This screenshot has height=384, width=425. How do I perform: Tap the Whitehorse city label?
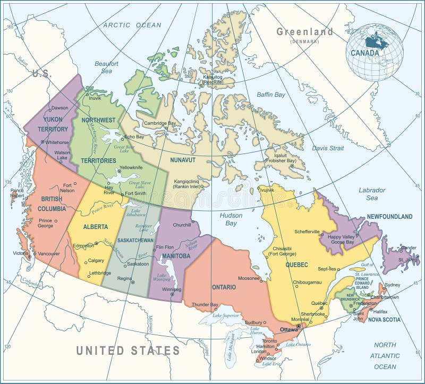click(57, 142)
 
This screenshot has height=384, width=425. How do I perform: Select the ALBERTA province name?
click(96, 227)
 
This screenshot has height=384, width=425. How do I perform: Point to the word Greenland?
click(304, 32)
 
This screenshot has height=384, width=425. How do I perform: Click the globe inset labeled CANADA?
click(374, 52)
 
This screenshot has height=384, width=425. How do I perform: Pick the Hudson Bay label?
click(231, 219)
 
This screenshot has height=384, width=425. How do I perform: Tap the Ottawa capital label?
click(289, 329)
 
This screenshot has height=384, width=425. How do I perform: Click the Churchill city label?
click(182, 225)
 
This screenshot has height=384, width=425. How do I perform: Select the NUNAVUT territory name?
click(183, 159)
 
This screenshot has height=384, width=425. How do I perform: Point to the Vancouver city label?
click(49, 253)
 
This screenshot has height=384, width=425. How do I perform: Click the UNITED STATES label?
click(128, 351)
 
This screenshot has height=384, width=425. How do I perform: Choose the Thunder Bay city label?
click(205, 304)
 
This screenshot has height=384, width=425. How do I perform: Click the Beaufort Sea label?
click(106, 67)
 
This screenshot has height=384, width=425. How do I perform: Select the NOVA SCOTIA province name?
click(384, 320)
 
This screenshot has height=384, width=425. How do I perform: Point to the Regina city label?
click(124, 278)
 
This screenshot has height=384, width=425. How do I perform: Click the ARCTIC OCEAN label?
click(132, 25)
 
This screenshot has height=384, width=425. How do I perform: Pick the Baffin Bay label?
click(271, 95)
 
